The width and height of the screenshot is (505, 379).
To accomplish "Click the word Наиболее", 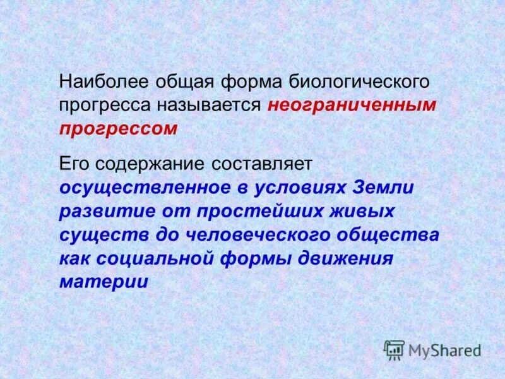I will click(x=100, y=81).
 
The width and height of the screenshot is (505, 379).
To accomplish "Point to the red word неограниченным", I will click(x=352, y=105).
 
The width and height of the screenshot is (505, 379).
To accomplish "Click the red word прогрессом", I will click(x=119, y=129).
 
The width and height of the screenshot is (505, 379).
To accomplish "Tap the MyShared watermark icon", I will click(x=394, y=349).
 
